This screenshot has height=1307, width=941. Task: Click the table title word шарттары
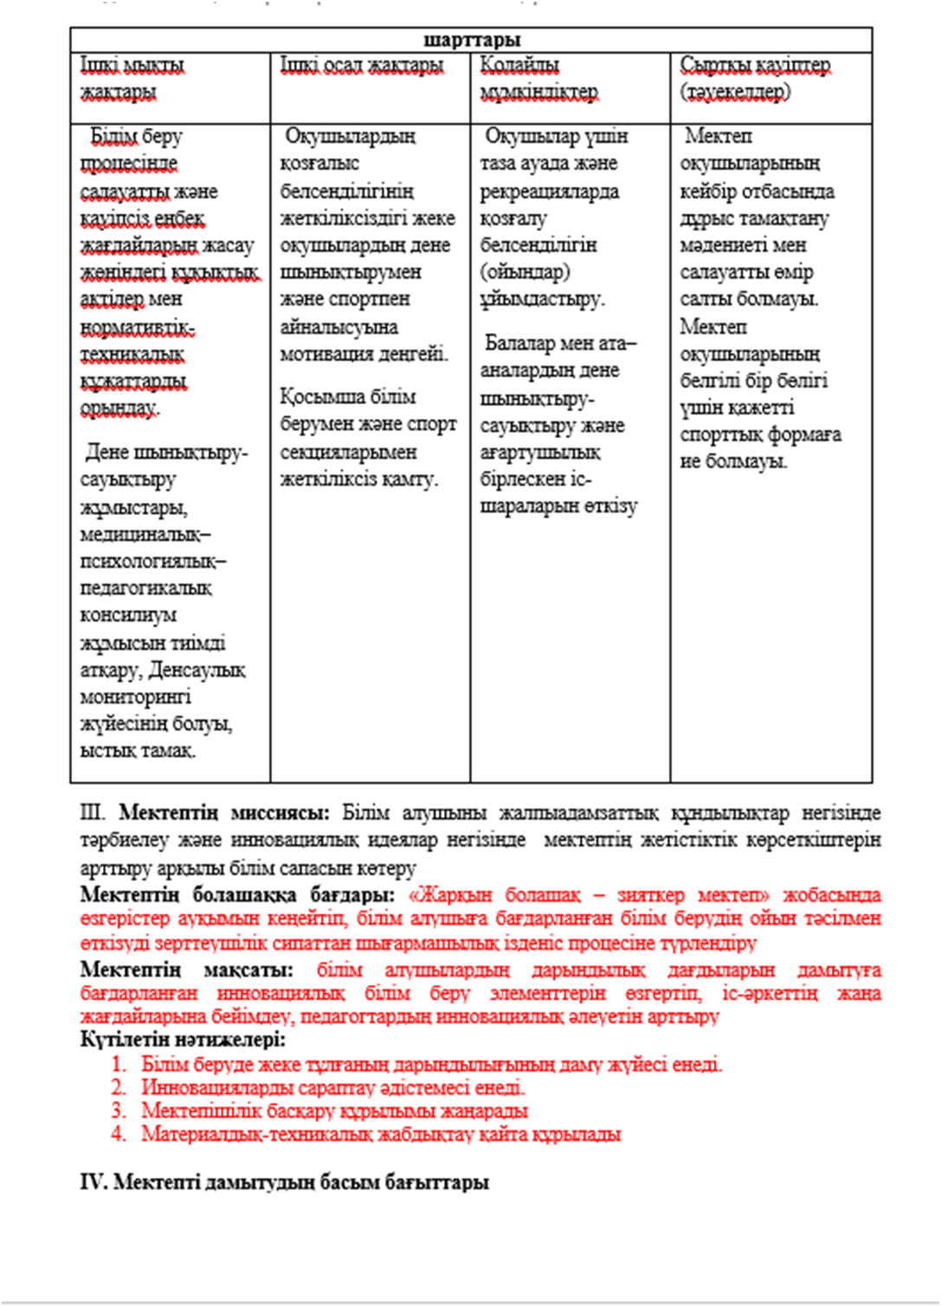pyautogui.click(x=472, y=40)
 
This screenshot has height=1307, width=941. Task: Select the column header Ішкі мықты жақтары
pyautogui.click(x=132, y=78)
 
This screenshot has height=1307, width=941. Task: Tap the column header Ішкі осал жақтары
pyautogui.click(x=362, y=65)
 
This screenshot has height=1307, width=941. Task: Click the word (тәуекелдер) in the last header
pyautogui.click(x=735, y=92)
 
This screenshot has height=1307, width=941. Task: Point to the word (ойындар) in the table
pyautogui.click(x=525, y=272)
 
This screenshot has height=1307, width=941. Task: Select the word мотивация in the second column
pyautogui.click(x=326, y=354)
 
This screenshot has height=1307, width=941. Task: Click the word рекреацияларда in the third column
pyautogui.click(x=550, y=190)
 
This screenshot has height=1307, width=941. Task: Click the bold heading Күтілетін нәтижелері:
pyautogui.click(x=183, y=1040)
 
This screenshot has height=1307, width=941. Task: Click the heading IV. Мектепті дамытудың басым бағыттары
pyautogui.click(x=285, y=1181)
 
